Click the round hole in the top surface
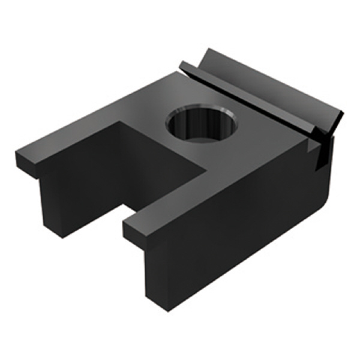[x=202, y=124]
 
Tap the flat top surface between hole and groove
[x=252, y=132]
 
